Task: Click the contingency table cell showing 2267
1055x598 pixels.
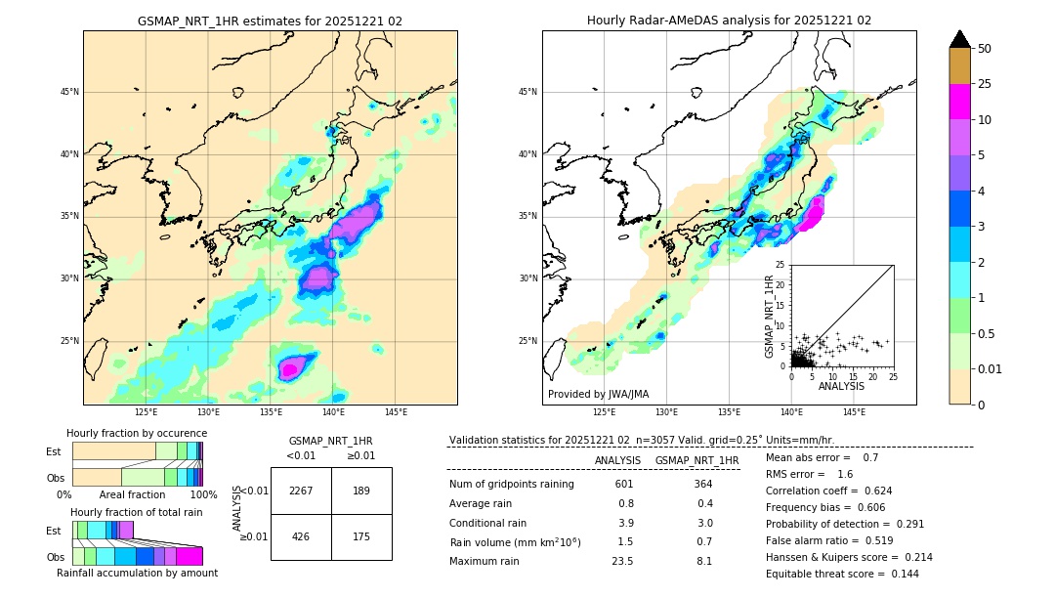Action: coord(301,491)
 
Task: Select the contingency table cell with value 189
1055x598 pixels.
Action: coord(361,491)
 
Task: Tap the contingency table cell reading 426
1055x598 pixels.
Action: coord(301,536)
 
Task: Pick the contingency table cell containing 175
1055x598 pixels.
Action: coord(361,536)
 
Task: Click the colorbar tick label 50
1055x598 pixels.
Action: coord(985,49)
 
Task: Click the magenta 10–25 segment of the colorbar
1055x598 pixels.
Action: coord(959,102)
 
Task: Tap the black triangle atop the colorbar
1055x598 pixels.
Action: coord(959,39)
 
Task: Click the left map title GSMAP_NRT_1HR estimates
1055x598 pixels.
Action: coord(270,21)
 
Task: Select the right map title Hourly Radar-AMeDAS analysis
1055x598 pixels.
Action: coord(729,21)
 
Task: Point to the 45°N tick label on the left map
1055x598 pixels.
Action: coord(69,92)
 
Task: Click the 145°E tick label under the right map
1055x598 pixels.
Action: coord(854,412)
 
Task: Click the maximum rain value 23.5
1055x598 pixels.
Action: coord(622,561)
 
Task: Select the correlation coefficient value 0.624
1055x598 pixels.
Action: coord(871,491)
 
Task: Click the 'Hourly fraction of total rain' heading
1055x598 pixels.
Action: coord(137,512)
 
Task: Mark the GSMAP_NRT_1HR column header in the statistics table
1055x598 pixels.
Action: coord(696,460)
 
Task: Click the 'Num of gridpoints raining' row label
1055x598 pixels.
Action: coord(511,485)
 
